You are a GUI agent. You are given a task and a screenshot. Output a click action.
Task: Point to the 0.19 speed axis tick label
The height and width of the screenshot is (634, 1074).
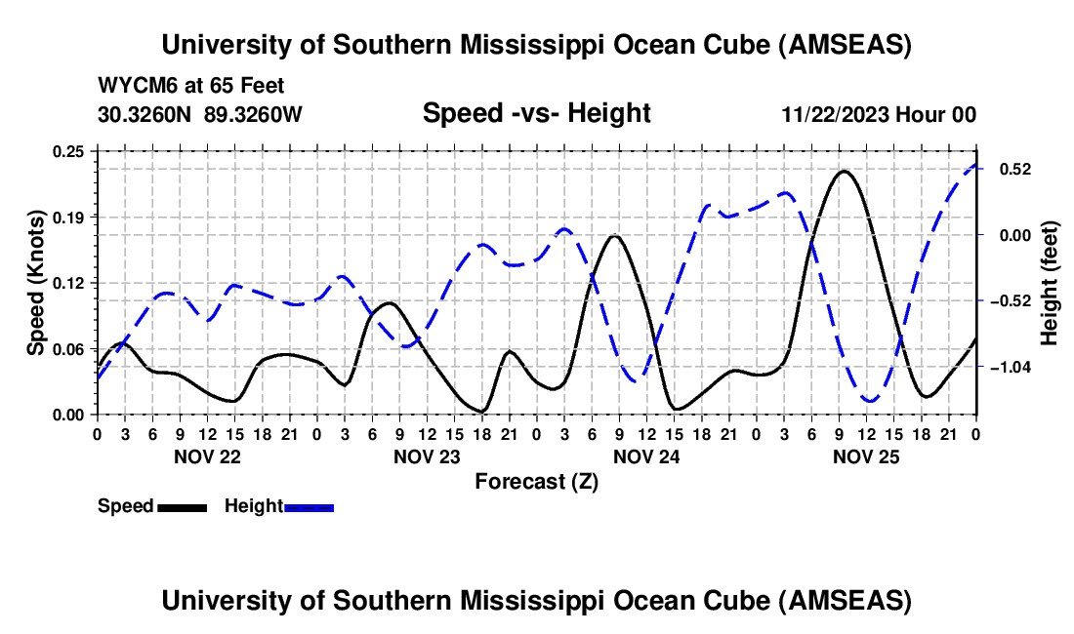click(x=71, y=217)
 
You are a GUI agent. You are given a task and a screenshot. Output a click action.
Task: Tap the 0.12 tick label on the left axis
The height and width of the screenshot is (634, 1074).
click(x=71, y=283)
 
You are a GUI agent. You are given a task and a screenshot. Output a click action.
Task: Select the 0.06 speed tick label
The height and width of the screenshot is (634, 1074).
click(x=71, y=349)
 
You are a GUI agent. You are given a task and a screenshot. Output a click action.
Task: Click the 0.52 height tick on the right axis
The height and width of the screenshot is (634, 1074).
click(x=1014, y=169)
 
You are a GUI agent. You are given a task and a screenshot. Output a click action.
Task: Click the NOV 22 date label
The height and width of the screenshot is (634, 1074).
click(x=207, y=456)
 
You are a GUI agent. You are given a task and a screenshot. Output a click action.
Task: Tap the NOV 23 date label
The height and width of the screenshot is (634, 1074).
click(x=427, y=456)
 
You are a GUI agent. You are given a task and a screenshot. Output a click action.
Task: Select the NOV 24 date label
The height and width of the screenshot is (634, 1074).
click(x=646, y=456)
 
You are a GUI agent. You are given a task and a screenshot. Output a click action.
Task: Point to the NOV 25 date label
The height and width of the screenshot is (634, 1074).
click(x=866, y=456)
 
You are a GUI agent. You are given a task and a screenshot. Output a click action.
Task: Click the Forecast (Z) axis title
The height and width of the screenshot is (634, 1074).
click(x=536, y=481)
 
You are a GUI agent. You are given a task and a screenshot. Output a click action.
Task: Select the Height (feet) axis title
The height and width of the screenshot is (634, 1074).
click(x=1050, y=283)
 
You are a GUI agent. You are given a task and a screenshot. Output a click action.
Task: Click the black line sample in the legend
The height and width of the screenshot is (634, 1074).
click(x=181, y=506)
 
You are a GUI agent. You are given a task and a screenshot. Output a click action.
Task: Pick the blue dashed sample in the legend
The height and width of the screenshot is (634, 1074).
click(x=309, y=506)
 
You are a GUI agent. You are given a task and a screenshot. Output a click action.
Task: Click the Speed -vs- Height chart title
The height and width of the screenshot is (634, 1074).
click(x=536, y=113)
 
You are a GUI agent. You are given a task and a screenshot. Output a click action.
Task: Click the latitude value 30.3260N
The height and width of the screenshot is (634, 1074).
click(x=146, y=114)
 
